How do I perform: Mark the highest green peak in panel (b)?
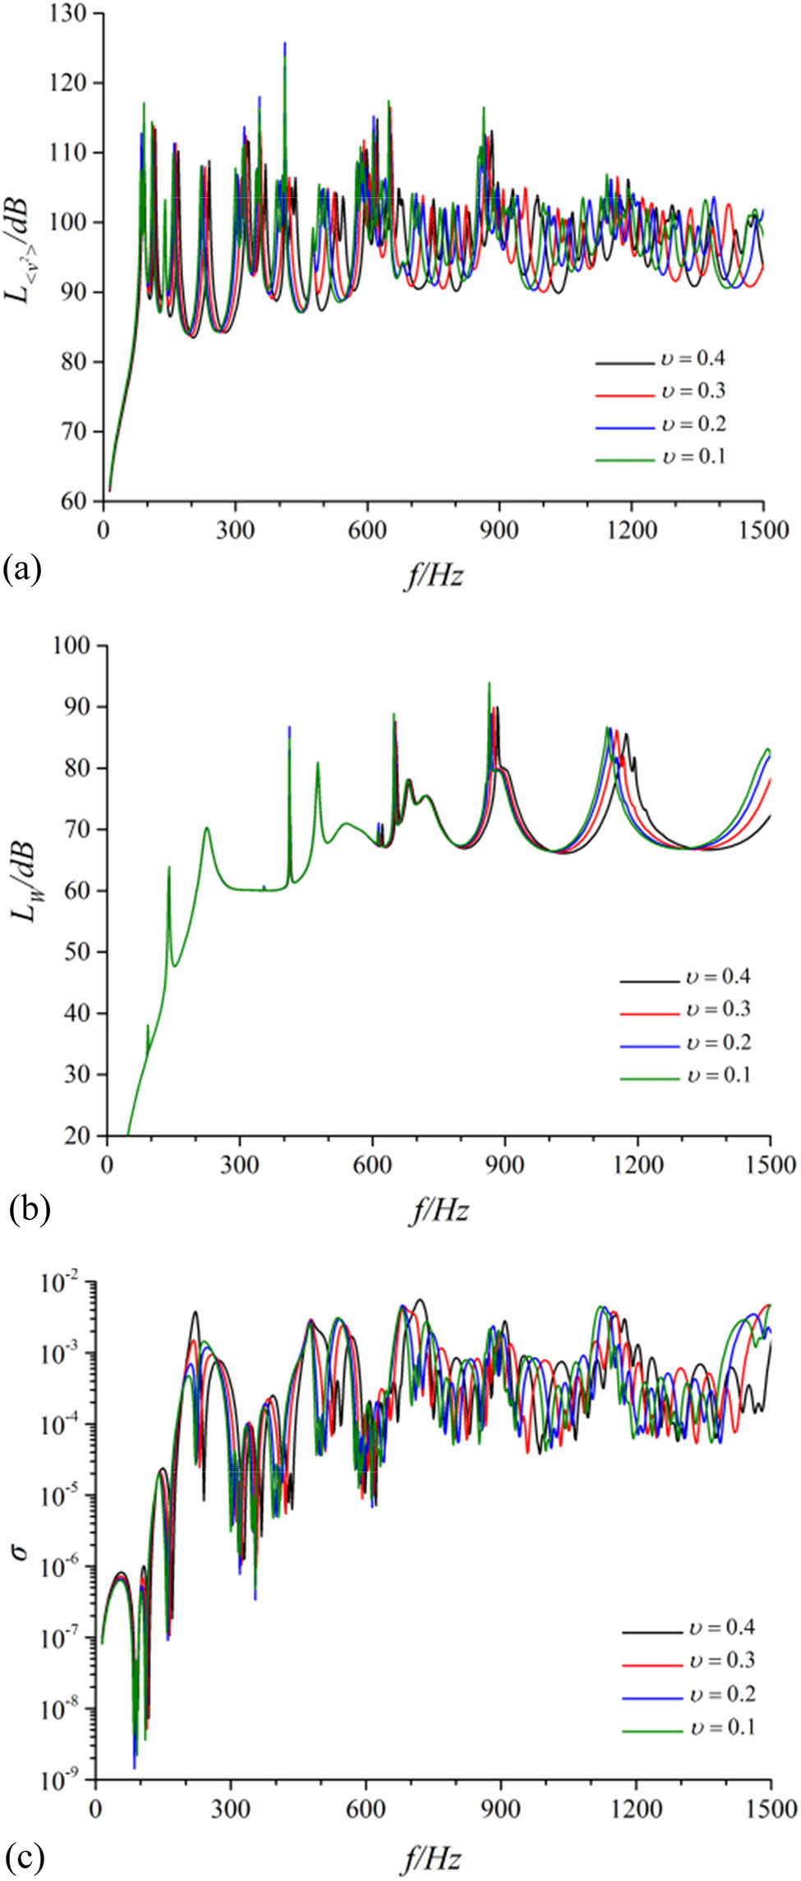click(x=489, y=684)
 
